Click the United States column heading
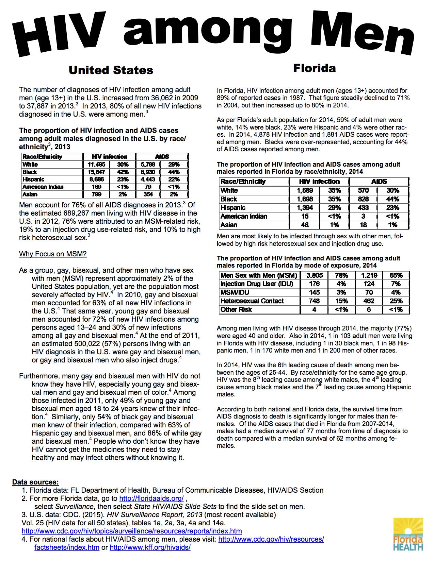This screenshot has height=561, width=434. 111,70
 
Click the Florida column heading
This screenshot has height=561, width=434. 314,68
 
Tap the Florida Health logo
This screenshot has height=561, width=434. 408,534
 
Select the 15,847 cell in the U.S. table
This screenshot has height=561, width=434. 96,172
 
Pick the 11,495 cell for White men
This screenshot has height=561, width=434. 96,165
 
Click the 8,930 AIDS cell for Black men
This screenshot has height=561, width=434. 148,172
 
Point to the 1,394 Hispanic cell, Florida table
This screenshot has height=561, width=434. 305,208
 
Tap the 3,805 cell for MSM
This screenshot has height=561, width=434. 314,275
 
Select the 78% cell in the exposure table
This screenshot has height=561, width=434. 341,275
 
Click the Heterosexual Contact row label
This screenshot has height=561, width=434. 252,301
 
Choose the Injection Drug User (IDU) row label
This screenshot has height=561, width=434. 257,284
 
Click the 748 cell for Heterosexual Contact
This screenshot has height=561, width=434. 314,301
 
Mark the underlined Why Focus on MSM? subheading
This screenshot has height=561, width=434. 53,254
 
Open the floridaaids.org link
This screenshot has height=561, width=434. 151,498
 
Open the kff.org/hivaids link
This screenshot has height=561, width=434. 150,547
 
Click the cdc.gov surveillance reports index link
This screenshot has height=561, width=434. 132,531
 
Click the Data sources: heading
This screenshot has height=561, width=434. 35,482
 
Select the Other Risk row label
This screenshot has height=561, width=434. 236,309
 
